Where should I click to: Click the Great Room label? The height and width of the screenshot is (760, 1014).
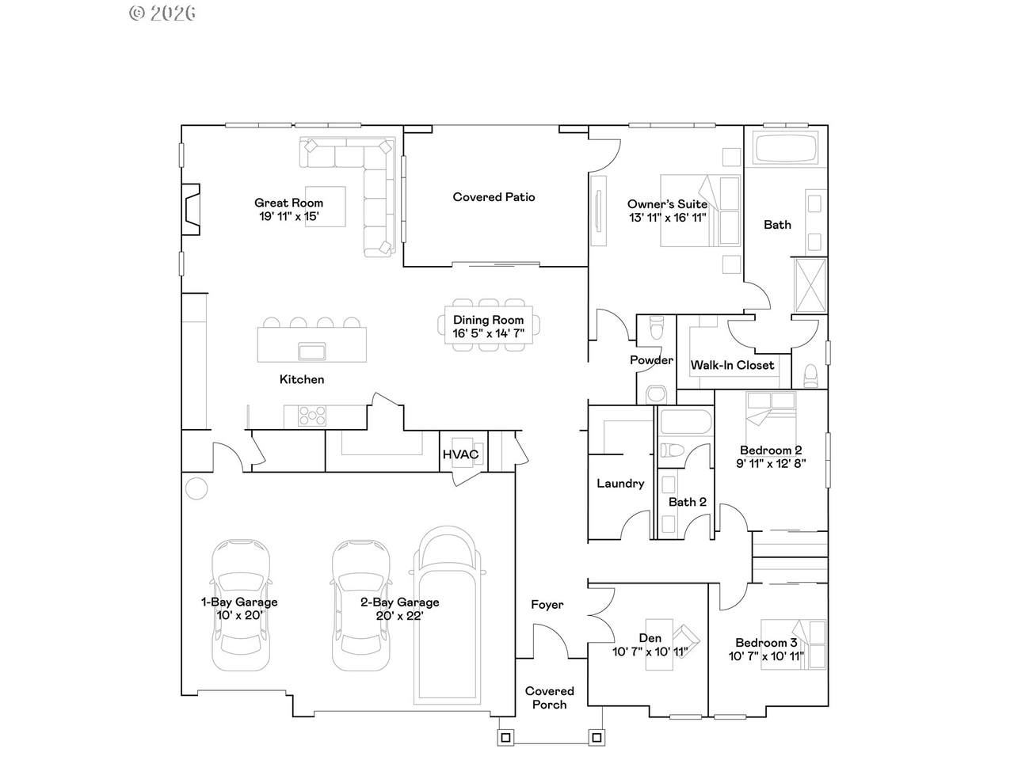(288, 203)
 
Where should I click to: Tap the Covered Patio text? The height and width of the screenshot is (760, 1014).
(494, 197)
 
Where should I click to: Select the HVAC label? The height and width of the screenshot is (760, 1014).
(460, 454)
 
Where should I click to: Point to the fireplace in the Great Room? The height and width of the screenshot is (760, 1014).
(191, 210)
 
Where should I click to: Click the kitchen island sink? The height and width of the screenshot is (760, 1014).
(312, 351)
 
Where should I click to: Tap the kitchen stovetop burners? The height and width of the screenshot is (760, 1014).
(312, 416)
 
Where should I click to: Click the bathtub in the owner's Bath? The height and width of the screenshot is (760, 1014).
(785, 148)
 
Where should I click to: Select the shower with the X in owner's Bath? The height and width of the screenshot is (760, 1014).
(810, 286)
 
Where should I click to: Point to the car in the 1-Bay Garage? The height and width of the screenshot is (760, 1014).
(241, 605)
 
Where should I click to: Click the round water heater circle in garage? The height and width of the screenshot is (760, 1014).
(196, 488)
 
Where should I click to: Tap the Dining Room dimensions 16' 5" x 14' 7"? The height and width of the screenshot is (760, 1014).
(488, 333)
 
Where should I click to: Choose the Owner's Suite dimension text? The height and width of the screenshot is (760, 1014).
(668, 218)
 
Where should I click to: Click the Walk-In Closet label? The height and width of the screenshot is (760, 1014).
(732, 365)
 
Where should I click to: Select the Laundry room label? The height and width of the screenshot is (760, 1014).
(620, 484)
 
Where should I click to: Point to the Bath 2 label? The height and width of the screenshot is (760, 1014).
(688, 502)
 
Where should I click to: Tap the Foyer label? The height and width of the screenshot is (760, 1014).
(547, 605)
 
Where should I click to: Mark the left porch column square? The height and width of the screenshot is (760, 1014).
(505, 737)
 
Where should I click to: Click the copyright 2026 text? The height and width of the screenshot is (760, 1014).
(162, 13)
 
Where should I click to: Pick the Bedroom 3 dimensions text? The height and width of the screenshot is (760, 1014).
(766, 656)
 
